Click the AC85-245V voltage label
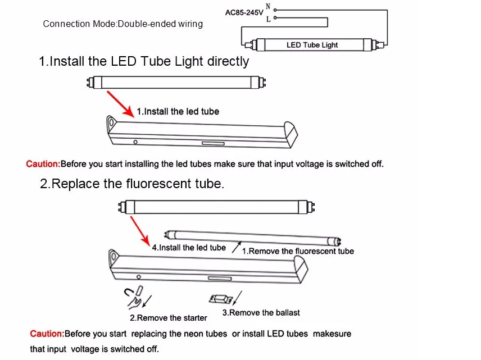point(244,12)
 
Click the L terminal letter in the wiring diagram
point(267,19)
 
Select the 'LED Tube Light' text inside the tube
point(312,45)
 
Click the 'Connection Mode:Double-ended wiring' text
point(123,24)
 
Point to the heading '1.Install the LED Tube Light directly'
point(144,61)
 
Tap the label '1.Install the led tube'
point(178,112)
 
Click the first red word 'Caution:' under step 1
point(43,165)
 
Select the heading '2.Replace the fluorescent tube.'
point(132,184)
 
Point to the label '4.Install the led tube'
point(189,248)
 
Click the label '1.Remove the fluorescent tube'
point(298,251)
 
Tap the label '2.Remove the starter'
point(169,318)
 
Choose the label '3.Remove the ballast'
point(261,312)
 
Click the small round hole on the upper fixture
point(135,142)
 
